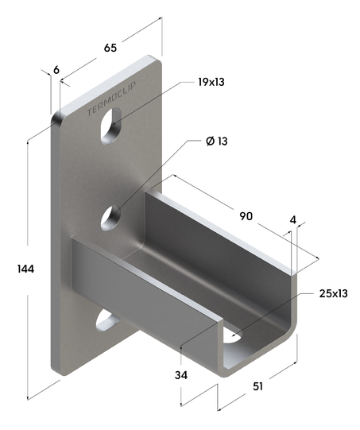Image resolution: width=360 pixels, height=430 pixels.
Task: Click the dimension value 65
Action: [x=110, y=48]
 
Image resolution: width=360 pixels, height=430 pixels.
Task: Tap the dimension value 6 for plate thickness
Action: [x=56, y=70]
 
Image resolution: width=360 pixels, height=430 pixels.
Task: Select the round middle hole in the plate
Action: [x=111, y=215]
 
